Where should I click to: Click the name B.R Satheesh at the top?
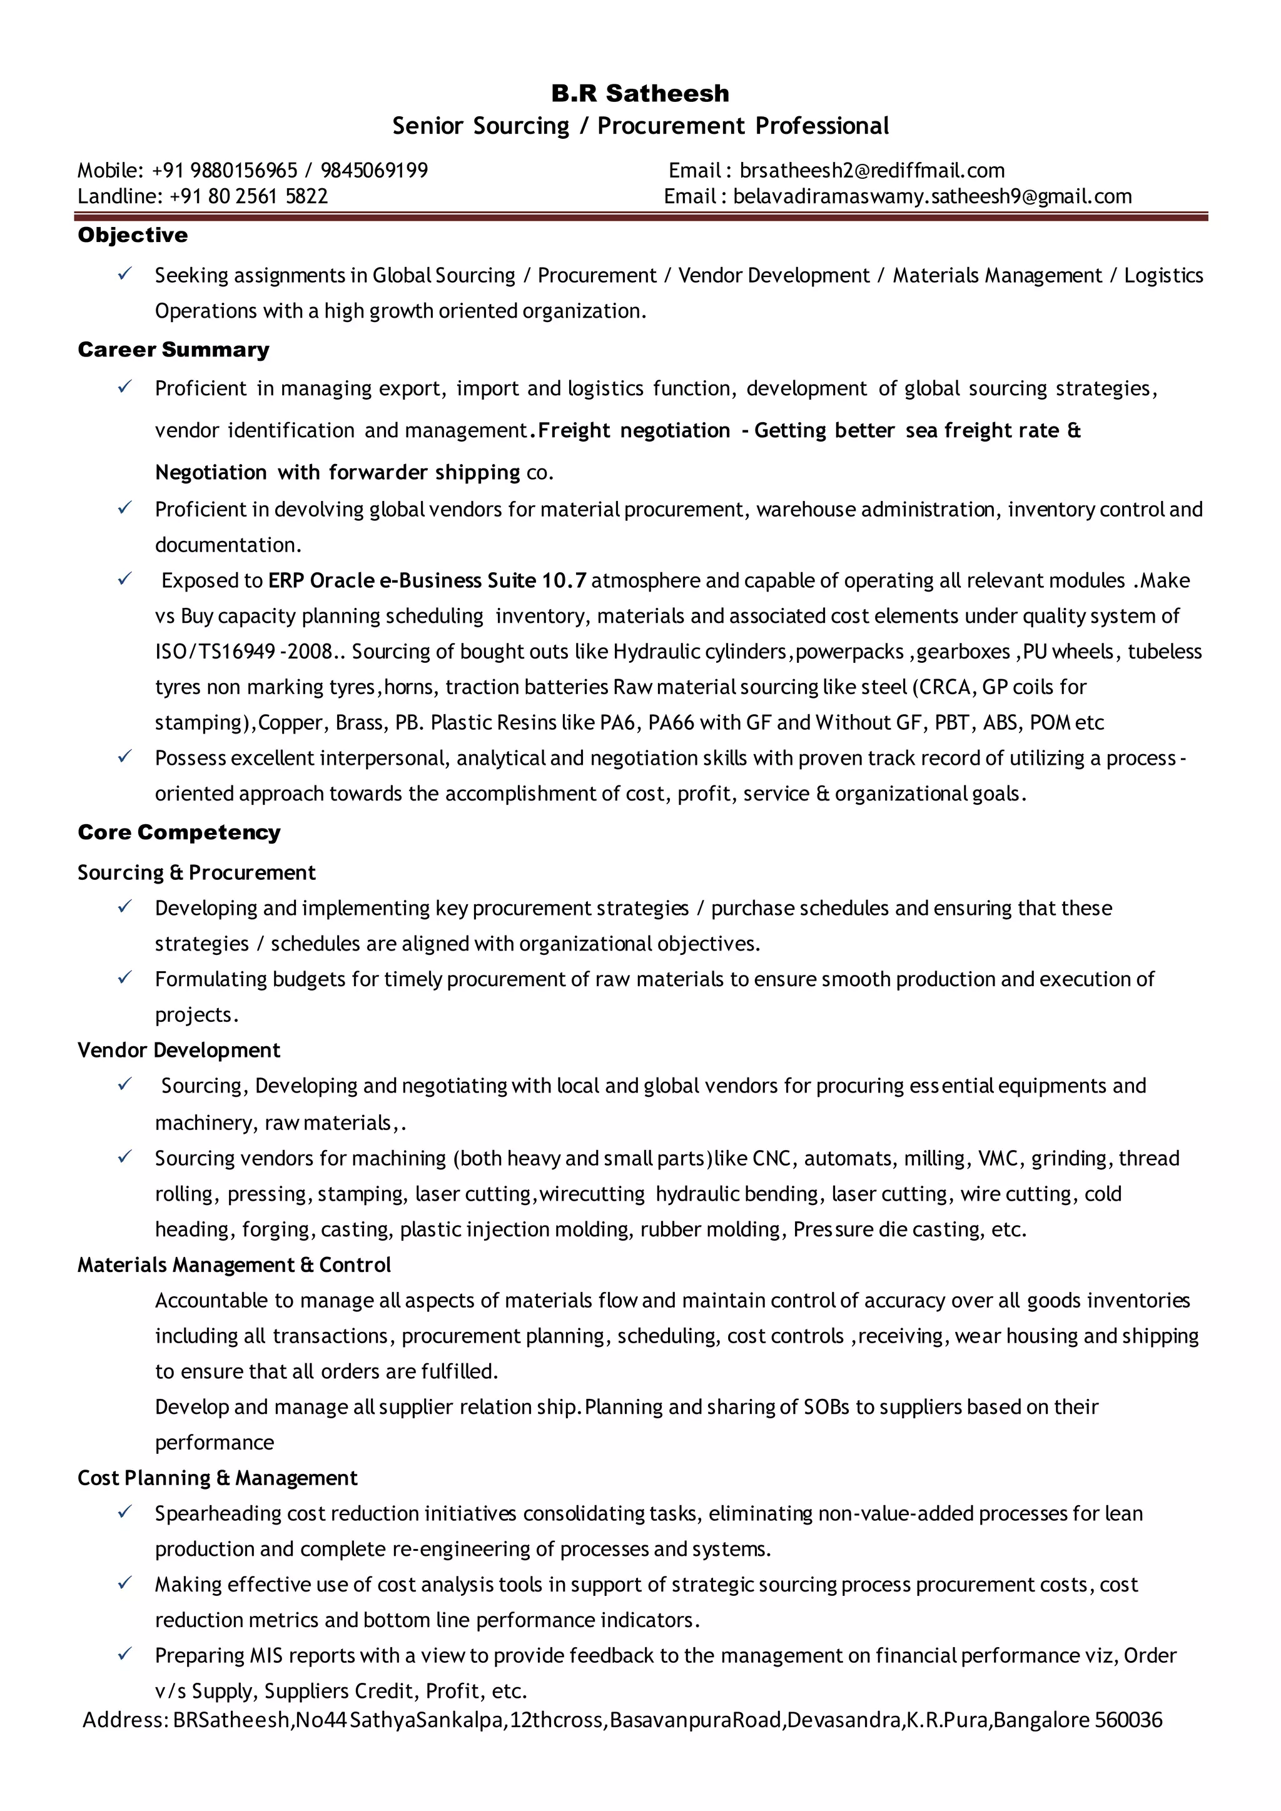(x=640, y=93)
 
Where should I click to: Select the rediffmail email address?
(x=871, y=170)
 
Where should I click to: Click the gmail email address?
(x=933, y=196)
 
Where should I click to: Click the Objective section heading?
(x=133, y=235)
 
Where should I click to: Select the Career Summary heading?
(x=173, y=350)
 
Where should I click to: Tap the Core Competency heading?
(x=179, y=832)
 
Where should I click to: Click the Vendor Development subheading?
(x=179, y=1050)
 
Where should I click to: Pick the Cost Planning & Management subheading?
(x=218, y=1477)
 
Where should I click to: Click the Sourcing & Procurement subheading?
(x=196, y=872)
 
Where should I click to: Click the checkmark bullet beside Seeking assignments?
(x=124, y=274)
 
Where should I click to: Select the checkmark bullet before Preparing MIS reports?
(x=124, y=1654)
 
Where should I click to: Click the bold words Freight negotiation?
(x=634, y=431)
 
